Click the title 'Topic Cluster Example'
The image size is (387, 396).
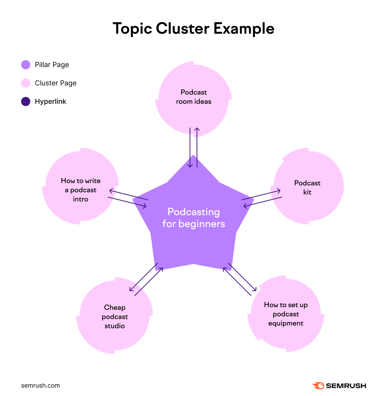[x=193, y=28]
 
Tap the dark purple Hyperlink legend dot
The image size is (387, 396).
[x=26, y=101]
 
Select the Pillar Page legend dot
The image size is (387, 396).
[x=26, y=65]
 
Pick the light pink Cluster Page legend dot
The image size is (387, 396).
[x=26, y=83]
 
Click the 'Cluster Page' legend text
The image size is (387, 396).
[x=55, y=83]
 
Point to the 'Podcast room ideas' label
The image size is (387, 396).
[x=193, y=97]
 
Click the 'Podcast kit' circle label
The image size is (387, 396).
[x=307, y=187]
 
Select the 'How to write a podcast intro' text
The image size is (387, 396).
[x=80, y=190]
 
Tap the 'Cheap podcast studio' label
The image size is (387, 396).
[x=115, y=316]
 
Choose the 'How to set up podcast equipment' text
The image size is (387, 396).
[x=285, y=314]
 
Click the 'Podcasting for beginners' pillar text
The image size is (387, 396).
[x=193, y=217]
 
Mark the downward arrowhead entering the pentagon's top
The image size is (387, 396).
[x=190, y=166]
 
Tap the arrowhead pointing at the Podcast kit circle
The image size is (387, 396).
[x=279, y=191]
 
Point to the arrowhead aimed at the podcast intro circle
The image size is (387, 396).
[x=111, y=191]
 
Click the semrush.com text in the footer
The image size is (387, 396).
[x=40, y=385]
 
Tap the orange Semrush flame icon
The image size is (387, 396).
[x=318, y=385]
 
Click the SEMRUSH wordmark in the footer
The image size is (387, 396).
[x=346, y=386]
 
